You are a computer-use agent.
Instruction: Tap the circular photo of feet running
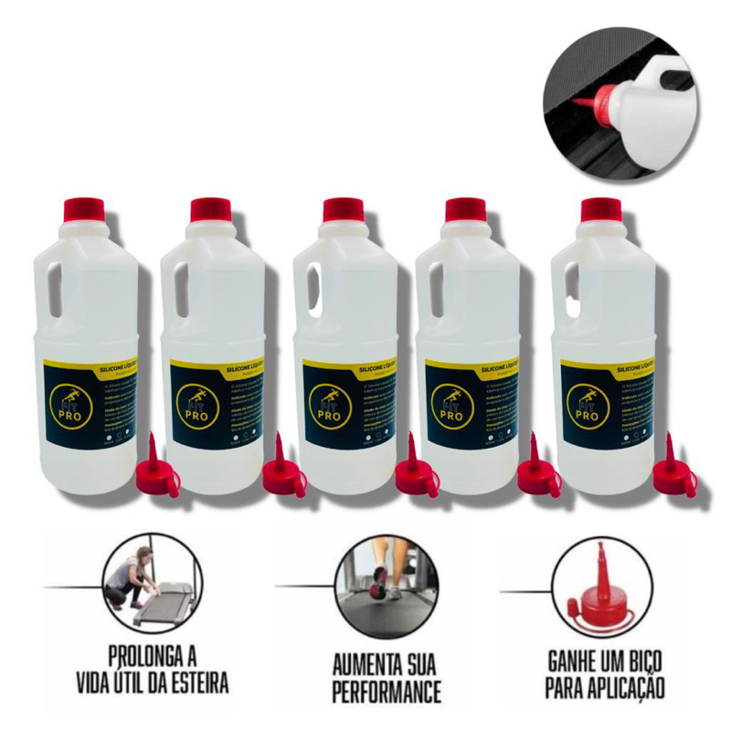coord(377,585)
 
